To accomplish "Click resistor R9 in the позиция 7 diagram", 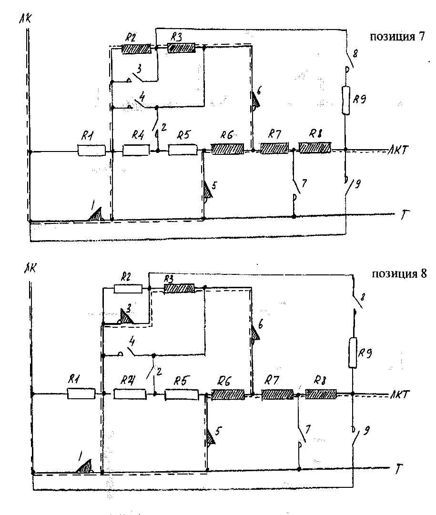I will coord(346,100).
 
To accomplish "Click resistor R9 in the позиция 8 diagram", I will coord(352,353).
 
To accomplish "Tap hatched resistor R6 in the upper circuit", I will coord(228,149).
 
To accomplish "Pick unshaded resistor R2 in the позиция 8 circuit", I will coord(128,288).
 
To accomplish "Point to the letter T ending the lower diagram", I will coord(398,470).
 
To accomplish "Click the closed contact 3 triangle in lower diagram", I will coord(127,318).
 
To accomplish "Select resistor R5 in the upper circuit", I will coord(183,150).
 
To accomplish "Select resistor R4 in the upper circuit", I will coord(136,151).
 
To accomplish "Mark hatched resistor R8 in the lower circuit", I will coord(321,394).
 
